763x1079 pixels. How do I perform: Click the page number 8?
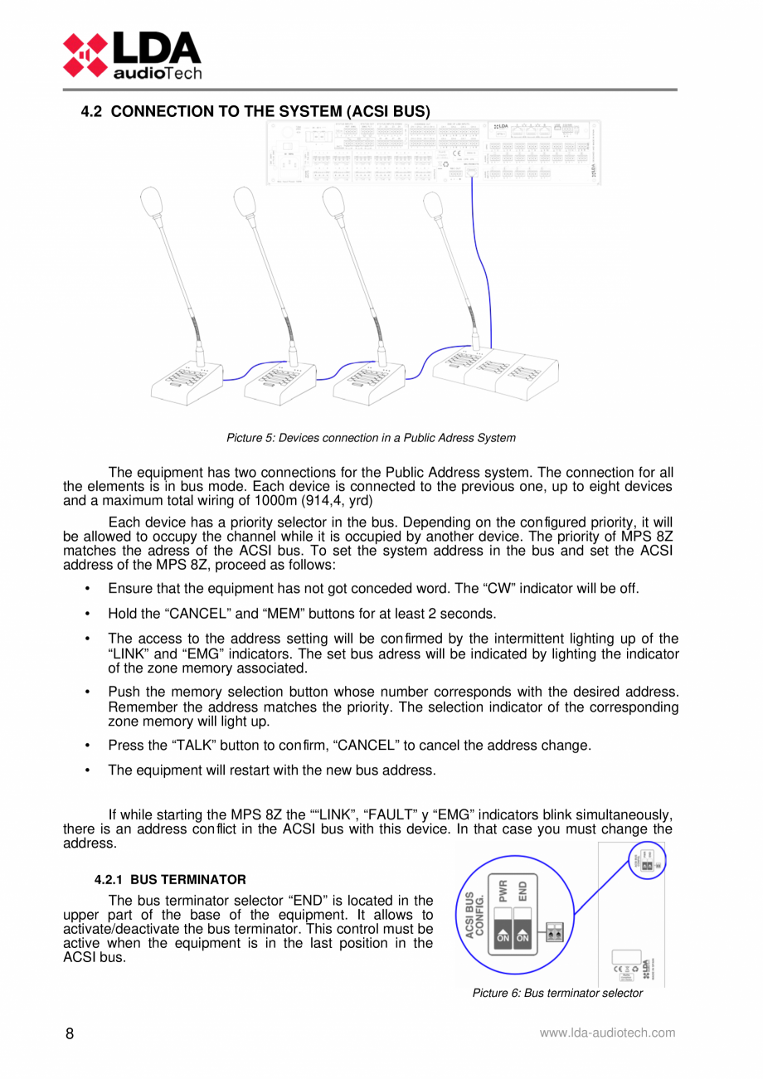[70, 1033]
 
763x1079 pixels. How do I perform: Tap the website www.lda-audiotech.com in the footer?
[607, 1033]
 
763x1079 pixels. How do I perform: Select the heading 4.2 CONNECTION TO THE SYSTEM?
[255, 110]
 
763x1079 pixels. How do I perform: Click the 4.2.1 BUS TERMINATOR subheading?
[170, 879]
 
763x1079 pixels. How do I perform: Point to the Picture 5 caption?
[371, 438]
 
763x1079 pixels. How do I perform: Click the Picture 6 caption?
[557, 993]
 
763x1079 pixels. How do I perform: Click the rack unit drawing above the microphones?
[433, 152]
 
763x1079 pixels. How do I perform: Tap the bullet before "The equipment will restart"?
[88, 770]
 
